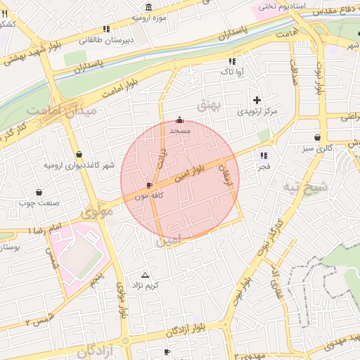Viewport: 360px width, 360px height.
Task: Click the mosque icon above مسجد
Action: (x=179, y=120)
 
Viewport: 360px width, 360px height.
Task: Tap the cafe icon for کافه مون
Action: (x=149, y=186)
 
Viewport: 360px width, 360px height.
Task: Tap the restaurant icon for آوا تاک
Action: (x=232, y=60)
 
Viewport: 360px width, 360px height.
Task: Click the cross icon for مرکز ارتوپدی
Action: (x=257, y=100)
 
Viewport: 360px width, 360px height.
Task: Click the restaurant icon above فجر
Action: (x=264, y=155)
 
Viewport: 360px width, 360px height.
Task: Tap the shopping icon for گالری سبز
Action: (x=319, y=137)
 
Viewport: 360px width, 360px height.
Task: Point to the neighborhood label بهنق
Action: (x=210, y=106)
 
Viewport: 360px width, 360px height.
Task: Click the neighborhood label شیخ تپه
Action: (x=305, y=187)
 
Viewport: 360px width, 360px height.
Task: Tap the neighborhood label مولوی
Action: (x=97, y=212)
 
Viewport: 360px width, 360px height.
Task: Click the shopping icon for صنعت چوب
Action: (x=37, y=192)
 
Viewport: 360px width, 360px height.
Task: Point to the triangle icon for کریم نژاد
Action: (x=146, y=274)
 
